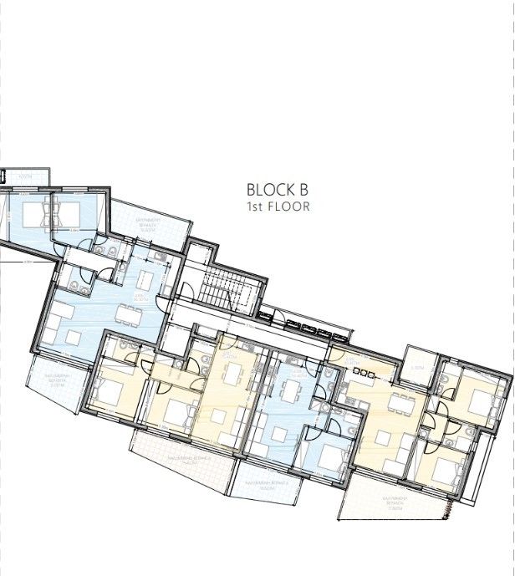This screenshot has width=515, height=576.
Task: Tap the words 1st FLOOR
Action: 278,206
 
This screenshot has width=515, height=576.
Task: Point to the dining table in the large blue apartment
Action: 127,314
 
